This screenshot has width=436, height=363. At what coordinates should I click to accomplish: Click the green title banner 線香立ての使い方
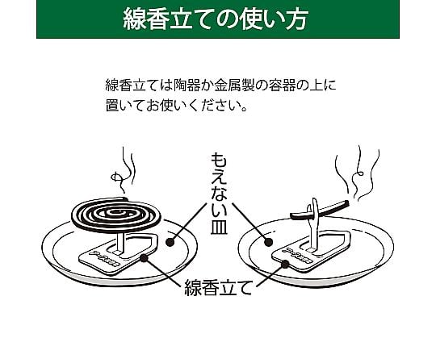(x=218, y=19)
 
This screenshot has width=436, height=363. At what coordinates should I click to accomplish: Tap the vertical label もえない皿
(x=219, y=194)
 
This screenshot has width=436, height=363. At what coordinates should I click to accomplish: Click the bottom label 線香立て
(x=218, y=287)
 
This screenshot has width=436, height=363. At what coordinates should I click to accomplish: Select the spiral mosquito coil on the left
(x=116, y=214)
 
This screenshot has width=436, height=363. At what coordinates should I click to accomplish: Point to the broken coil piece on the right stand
(x=320, y=209)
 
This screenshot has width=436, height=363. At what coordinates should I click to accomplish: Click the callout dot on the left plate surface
(x=170, y=242)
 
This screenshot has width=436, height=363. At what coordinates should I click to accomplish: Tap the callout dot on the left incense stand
(x=144, y=258)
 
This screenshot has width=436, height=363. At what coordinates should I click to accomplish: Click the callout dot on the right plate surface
(x=268, y=242)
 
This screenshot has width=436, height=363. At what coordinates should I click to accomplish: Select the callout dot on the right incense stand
(x=285, y=264)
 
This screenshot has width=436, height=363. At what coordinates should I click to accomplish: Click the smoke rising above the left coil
(x=124, y=171)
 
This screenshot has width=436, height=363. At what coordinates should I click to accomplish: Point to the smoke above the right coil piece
(x=358, y=172)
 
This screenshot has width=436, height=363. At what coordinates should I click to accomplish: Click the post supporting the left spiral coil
(x=121, y=243)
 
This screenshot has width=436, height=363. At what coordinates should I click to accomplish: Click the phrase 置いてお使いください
(x=174, y=106)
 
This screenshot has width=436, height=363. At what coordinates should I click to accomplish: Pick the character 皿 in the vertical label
(x=219, y=227)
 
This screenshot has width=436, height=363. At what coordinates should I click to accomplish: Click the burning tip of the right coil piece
(x=347, y=203)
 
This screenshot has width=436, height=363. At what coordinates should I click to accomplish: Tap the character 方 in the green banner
(x=296, y=19)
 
